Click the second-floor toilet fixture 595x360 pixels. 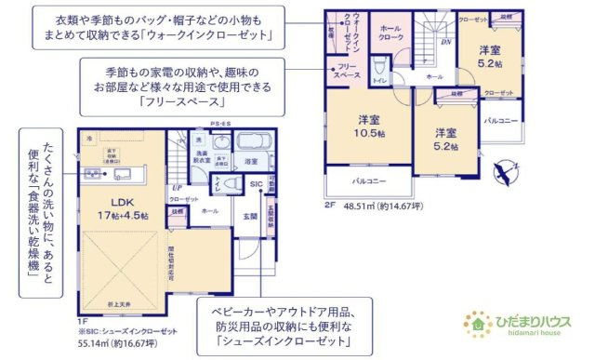(380, 69)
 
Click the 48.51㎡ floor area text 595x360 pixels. (386, 206)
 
